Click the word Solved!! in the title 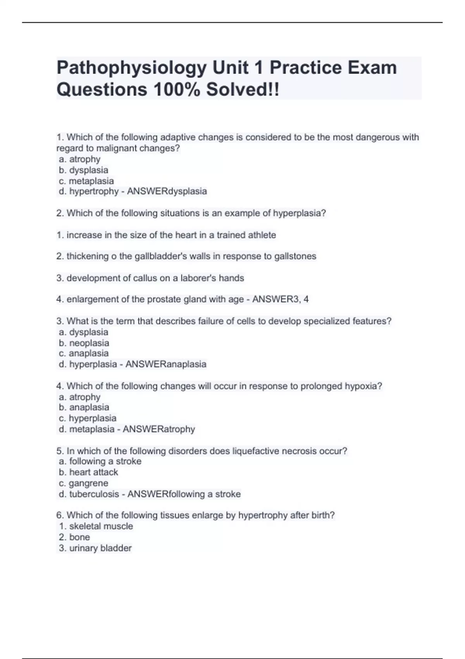point(242,90)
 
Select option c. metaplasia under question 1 point(86,181)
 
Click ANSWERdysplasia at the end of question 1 point(167,191)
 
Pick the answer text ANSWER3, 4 point(281,299)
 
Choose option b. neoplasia point(84,343)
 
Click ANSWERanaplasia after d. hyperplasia point(166,364)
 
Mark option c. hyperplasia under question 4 point(88,418)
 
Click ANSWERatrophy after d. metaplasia point(159,429)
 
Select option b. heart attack point(88,472)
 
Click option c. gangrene point(84,483)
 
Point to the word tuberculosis point(94,494)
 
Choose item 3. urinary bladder point(95,548)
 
